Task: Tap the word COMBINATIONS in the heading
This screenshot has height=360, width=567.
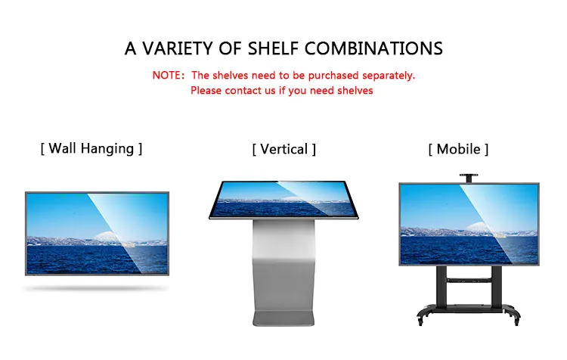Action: (373, 48)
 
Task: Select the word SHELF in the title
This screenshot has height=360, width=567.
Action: (273, 48)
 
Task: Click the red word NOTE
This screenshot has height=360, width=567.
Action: (167, 76)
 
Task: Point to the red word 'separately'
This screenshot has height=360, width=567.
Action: (389, 76)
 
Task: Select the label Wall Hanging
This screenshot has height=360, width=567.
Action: (91, 149)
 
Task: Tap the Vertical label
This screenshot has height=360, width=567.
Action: (283, 149)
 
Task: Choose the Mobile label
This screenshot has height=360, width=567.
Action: (458, 149)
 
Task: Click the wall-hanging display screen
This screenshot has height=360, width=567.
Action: (97, 234)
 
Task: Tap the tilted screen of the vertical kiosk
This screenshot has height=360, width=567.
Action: (283, 200)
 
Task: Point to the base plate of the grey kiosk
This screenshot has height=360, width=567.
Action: (283, 318)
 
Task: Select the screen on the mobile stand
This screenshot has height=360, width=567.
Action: (469, 225)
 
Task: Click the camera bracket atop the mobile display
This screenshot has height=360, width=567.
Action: (469, 178)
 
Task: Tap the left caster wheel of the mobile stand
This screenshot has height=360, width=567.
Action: (420, 320)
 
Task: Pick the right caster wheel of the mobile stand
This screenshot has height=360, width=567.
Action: (516, 320)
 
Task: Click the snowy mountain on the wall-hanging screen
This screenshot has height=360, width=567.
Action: (107, 237)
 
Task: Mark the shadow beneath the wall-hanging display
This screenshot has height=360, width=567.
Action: (96, 288)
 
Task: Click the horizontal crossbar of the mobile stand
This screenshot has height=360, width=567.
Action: (469, 279)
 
